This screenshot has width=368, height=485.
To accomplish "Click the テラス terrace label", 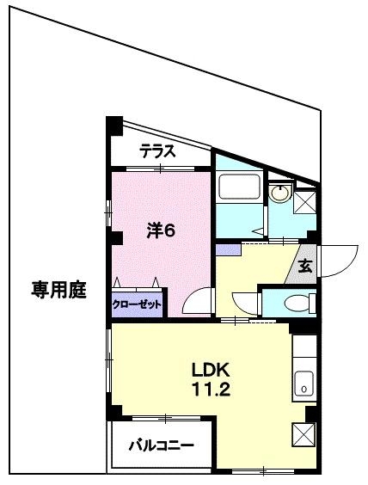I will point(159,152).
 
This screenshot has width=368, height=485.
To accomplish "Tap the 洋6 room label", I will point(160,230).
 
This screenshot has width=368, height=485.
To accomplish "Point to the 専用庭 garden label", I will point(59,289).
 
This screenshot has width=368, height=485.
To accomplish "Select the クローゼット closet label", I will point(137,304).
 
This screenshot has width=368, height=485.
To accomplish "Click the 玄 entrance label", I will point(305,267).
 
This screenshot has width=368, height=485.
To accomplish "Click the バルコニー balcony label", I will point(161,445).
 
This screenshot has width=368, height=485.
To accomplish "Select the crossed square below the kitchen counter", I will point(304,434).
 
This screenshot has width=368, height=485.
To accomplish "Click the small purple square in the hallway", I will point(228,249).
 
